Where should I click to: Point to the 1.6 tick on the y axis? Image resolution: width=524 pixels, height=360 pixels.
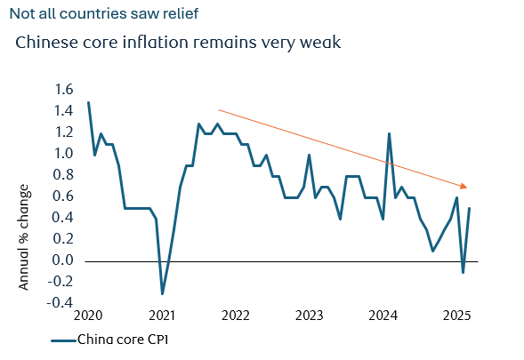coord(64,90)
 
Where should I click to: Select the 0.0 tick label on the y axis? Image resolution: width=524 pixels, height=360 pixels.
coord(64,260)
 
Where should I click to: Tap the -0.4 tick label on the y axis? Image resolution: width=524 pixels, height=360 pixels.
coord(62,303)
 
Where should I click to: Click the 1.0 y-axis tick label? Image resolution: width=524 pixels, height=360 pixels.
coord(64,154)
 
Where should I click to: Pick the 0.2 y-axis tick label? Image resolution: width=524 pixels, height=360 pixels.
coord(64,239)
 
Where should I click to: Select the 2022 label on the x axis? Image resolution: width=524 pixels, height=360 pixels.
coord(236,316)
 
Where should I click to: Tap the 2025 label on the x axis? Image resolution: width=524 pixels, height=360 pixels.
coord(457,316)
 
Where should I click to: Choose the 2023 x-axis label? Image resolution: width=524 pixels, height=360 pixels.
coord(310,316)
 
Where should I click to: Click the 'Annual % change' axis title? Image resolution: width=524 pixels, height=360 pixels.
coord(24,237)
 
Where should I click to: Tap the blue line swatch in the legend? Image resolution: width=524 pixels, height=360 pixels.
coord(62,340)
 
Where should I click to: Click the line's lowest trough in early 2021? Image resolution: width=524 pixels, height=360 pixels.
coord(162,293)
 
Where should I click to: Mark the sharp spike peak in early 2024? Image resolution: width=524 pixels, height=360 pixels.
coord(390,133)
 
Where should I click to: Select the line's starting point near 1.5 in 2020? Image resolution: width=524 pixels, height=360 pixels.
coord(88,102)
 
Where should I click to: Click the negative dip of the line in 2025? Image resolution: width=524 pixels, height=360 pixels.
coord(463,272)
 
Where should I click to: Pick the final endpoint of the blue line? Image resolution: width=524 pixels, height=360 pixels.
coord(470,208)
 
